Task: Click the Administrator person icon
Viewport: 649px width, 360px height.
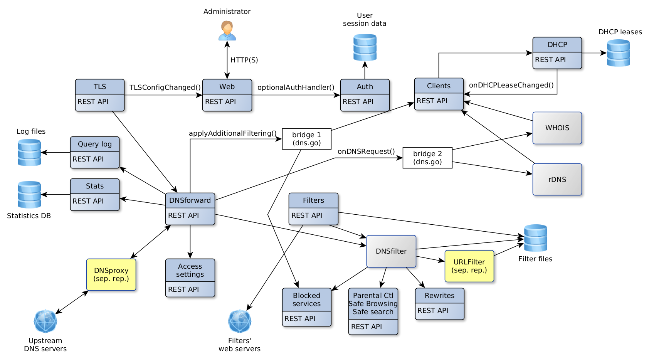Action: click(227, 31)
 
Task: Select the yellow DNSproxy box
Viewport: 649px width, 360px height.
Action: click(111, 274)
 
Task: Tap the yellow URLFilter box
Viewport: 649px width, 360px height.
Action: click(469, 266)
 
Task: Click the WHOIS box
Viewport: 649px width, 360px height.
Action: click(557, 128)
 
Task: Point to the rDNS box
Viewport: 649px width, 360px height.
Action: click(557, 179)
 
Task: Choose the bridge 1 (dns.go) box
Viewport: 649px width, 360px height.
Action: click(306, 139)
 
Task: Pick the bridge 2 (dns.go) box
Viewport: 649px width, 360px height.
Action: click(427, 158)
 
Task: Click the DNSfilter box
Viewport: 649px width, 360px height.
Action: click(391, 251)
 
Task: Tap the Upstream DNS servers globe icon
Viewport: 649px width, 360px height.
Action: click(45, 321)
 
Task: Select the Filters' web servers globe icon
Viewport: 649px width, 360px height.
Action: click(239, 321)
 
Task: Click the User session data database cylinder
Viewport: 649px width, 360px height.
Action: click(365, 47)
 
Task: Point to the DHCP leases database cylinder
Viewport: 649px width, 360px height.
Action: click(618, 53)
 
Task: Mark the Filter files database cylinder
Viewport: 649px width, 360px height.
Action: click(535, 238)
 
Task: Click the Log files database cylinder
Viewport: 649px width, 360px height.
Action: click(29, 153)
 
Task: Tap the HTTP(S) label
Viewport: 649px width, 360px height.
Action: click(244, 60)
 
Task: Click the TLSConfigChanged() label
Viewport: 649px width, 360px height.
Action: click(165, 87)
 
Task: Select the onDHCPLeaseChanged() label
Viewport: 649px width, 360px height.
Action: click(511, 85)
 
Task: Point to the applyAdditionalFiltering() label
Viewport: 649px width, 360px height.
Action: click(232, 133)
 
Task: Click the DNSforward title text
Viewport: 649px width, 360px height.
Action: click(190, 200)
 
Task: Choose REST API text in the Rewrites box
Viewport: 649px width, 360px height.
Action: click(432, 311)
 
